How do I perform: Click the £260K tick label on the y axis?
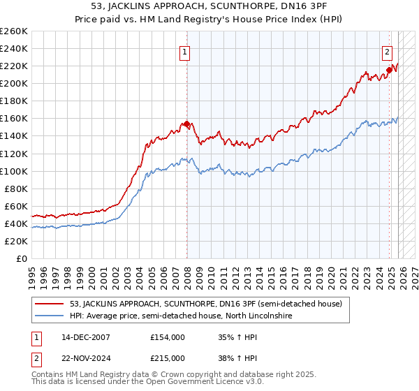(x=14, y=31)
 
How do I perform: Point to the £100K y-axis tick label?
(x=14, y=171)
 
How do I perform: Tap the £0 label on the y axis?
(x=22, y=258)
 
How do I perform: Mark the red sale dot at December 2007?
(x=186, y=124)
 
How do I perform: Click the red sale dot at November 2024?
(x=389, y=71)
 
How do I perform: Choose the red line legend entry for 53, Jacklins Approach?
(x=205, y=304)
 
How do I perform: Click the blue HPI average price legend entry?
(x=180, y=316)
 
